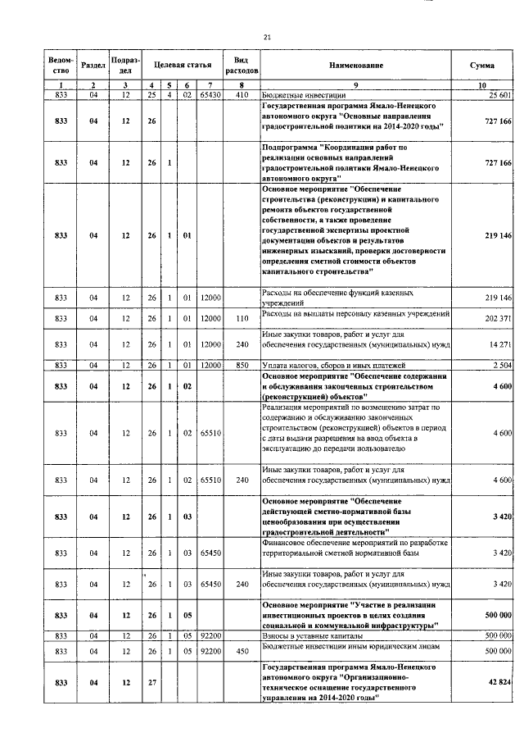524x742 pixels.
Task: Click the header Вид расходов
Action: pos(242,65)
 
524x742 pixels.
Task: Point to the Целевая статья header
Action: pos(183,65)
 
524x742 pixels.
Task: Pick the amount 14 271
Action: pos(498,342)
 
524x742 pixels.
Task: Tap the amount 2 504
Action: pos(500,364)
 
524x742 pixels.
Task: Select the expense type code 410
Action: pos(242,96)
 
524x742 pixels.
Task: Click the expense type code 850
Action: pos(242,364)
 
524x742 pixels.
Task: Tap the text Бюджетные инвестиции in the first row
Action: pos(300,96)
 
